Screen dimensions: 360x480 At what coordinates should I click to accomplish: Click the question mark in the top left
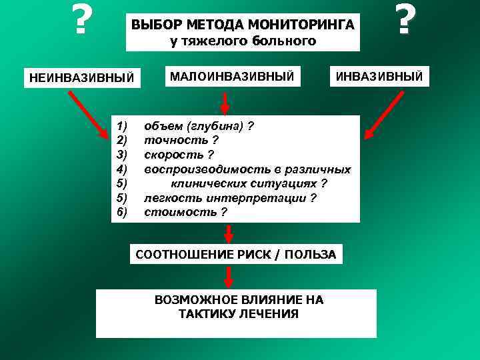pos(81,20)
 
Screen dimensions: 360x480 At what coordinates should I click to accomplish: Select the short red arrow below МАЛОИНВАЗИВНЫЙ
pos(225,103)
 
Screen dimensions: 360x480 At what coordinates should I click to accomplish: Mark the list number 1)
pos(121,127)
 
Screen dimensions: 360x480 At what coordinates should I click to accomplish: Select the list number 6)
pos(121,212)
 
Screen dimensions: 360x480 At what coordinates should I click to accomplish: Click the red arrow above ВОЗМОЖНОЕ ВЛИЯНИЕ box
pos(229,276)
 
